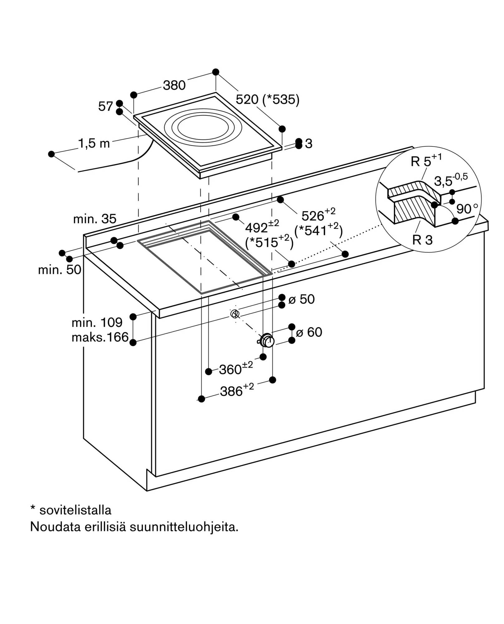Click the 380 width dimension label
(174, 85)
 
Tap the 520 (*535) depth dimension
(268, 100)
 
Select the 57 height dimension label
(105, 107)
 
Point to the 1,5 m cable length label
(94, 144)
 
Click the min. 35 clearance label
(95, 219)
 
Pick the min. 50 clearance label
(60, 270)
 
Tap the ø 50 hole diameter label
(302, 299)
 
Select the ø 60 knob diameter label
(309, 332)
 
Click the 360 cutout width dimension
(236, 368)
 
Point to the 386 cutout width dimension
(237, 390)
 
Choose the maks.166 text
(100, 337)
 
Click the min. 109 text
(97, 322)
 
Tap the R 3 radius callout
(423, 240)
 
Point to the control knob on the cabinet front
(267, 340)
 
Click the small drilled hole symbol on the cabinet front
(235, 314)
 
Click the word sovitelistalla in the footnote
(75, 510)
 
